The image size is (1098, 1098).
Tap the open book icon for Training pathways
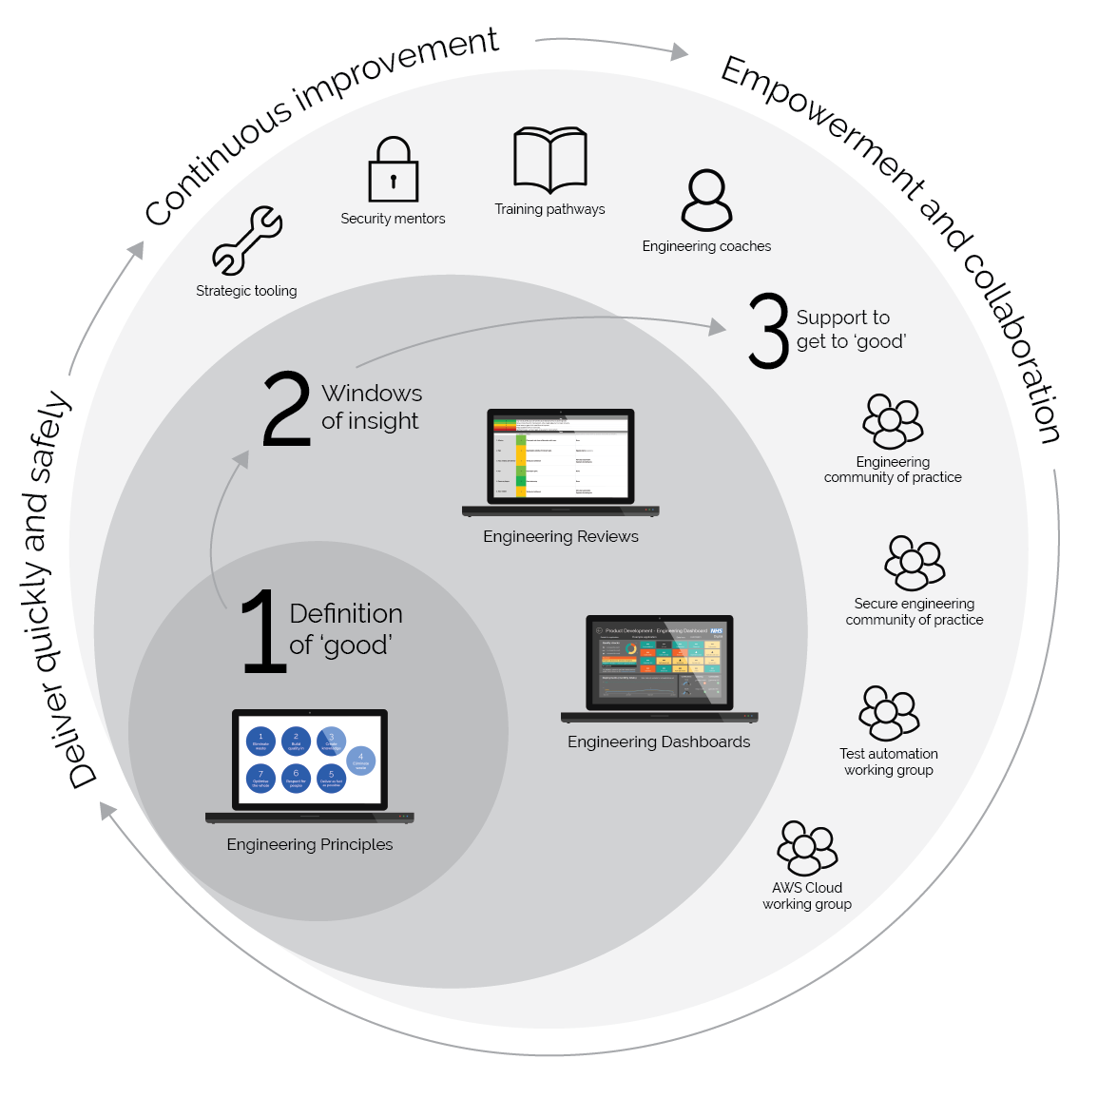(x=549, y=160)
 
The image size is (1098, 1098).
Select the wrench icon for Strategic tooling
(x=247, y=241)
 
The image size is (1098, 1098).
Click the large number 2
(x=286, y=409)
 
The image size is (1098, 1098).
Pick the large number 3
(x=768, y=331)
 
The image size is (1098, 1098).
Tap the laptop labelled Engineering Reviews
(x=560, y=462)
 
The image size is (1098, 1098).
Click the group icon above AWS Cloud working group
(x=807, y=847)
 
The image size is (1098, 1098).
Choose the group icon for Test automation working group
(x=889, y=713)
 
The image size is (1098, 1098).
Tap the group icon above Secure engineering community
(x=915, y=563)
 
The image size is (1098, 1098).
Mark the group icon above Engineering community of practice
(x=893, y=421)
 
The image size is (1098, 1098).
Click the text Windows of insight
(x=372, y=407)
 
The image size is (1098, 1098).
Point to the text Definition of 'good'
(x=345, y=629)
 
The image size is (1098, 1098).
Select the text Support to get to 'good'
(x=850, y=330)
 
